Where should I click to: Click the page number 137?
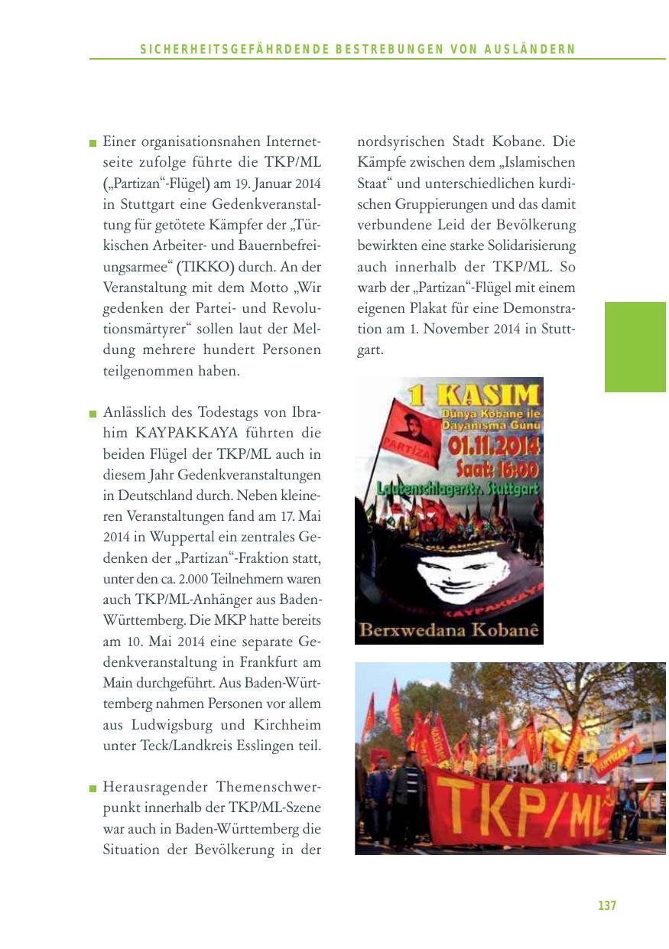click(x=606, y=905)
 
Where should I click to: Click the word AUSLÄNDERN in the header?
click(x=529, y=50)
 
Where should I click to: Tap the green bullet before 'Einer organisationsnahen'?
click(x=93, y=143)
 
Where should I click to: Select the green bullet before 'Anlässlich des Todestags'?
click(x=93, y=414)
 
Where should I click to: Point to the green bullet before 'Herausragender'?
click(x=93, y=788)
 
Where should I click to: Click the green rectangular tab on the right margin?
click(x=635, y=346)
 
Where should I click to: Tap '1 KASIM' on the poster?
click(x=472, y=395)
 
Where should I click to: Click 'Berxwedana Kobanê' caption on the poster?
click(x=449, y=631)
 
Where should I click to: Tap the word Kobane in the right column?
click(x=515, y=142)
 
